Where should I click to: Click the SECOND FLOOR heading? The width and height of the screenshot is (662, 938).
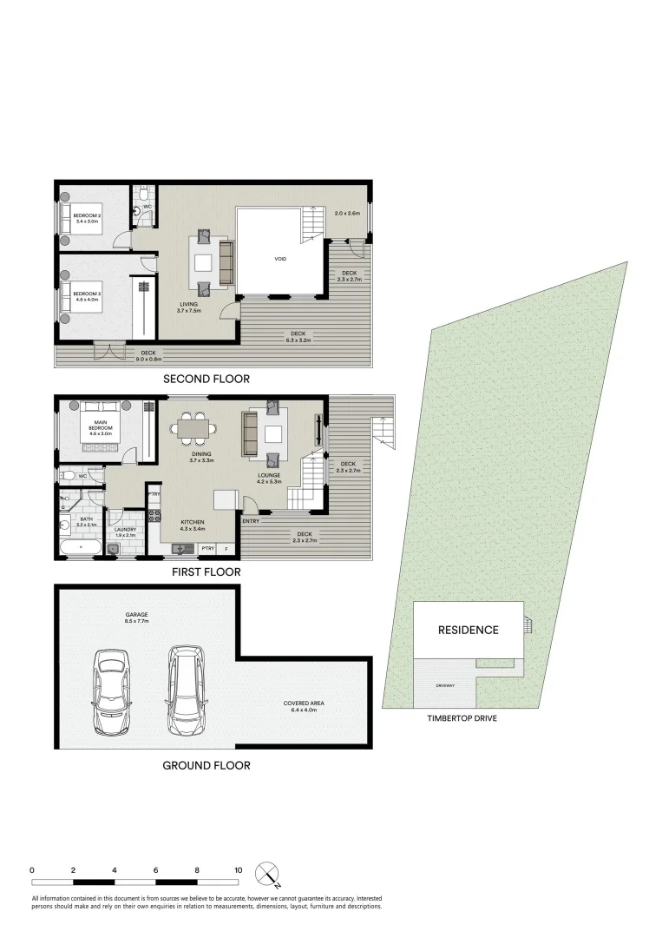tap(206, 379)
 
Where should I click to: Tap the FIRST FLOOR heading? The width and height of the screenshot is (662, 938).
tap(206, 572)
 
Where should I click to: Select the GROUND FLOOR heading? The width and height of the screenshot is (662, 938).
tap(206, 765)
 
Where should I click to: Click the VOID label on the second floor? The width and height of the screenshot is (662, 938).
tap(280, 259)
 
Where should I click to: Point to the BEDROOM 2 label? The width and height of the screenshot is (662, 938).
tap(88, 218)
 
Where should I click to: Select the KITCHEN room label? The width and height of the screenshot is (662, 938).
tap(192, 522)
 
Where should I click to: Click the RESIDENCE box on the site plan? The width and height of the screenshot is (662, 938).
tap(468, 630)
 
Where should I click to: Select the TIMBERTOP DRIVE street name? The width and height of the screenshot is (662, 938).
tap(461, 719)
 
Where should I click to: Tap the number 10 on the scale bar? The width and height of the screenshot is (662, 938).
tap(238, 869)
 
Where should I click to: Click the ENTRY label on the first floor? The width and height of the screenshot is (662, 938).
tap(251, 521)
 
